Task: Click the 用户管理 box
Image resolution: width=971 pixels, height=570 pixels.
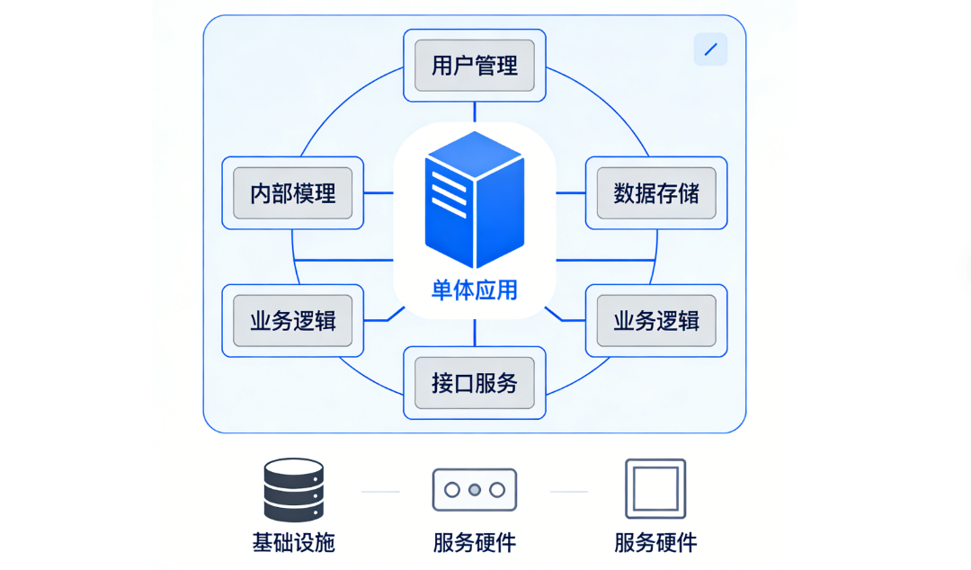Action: click(x=475, y=66)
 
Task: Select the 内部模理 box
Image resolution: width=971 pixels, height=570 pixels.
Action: click(x=292, y=192)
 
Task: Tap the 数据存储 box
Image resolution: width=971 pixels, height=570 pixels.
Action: click(x=656, y=192)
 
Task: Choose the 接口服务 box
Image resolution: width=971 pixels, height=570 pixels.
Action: click(x=475, y=383)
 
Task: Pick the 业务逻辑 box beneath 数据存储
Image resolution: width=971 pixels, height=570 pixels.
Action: click(x=656, y=320)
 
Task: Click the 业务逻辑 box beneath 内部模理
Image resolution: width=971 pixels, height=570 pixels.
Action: click(x=292, y=320)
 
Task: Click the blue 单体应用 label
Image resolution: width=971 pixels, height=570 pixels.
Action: click(x=474, y=290)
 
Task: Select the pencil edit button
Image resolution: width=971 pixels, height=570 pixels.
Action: click(x=710, y=49)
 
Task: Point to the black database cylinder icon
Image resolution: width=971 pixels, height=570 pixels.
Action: click(x=293, y=491)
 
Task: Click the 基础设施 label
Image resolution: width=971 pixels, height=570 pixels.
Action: click(x=293, y=543)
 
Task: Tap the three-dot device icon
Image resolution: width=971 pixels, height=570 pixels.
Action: click(x=474, y=490)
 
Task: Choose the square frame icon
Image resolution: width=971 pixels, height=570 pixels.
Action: click(x=655, y=490)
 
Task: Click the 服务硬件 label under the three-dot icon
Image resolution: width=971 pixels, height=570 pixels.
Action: click(x=474, y=543)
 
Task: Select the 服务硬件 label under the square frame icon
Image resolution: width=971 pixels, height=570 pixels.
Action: click(x=655, y=543)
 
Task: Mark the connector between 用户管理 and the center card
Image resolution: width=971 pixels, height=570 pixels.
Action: click(x=474, y=111)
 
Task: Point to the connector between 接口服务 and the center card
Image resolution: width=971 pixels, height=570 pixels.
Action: click(x=474, y=333)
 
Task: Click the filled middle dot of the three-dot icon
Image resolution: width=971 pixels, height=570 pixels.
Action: click(x=474, y=490)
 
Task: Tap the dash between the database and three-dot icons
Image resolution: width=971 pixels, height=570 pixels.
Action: click(x=380, y=492)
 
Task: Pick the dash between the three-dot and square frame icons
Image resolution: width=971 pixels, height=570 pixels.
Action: click(x=568, y=492)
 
